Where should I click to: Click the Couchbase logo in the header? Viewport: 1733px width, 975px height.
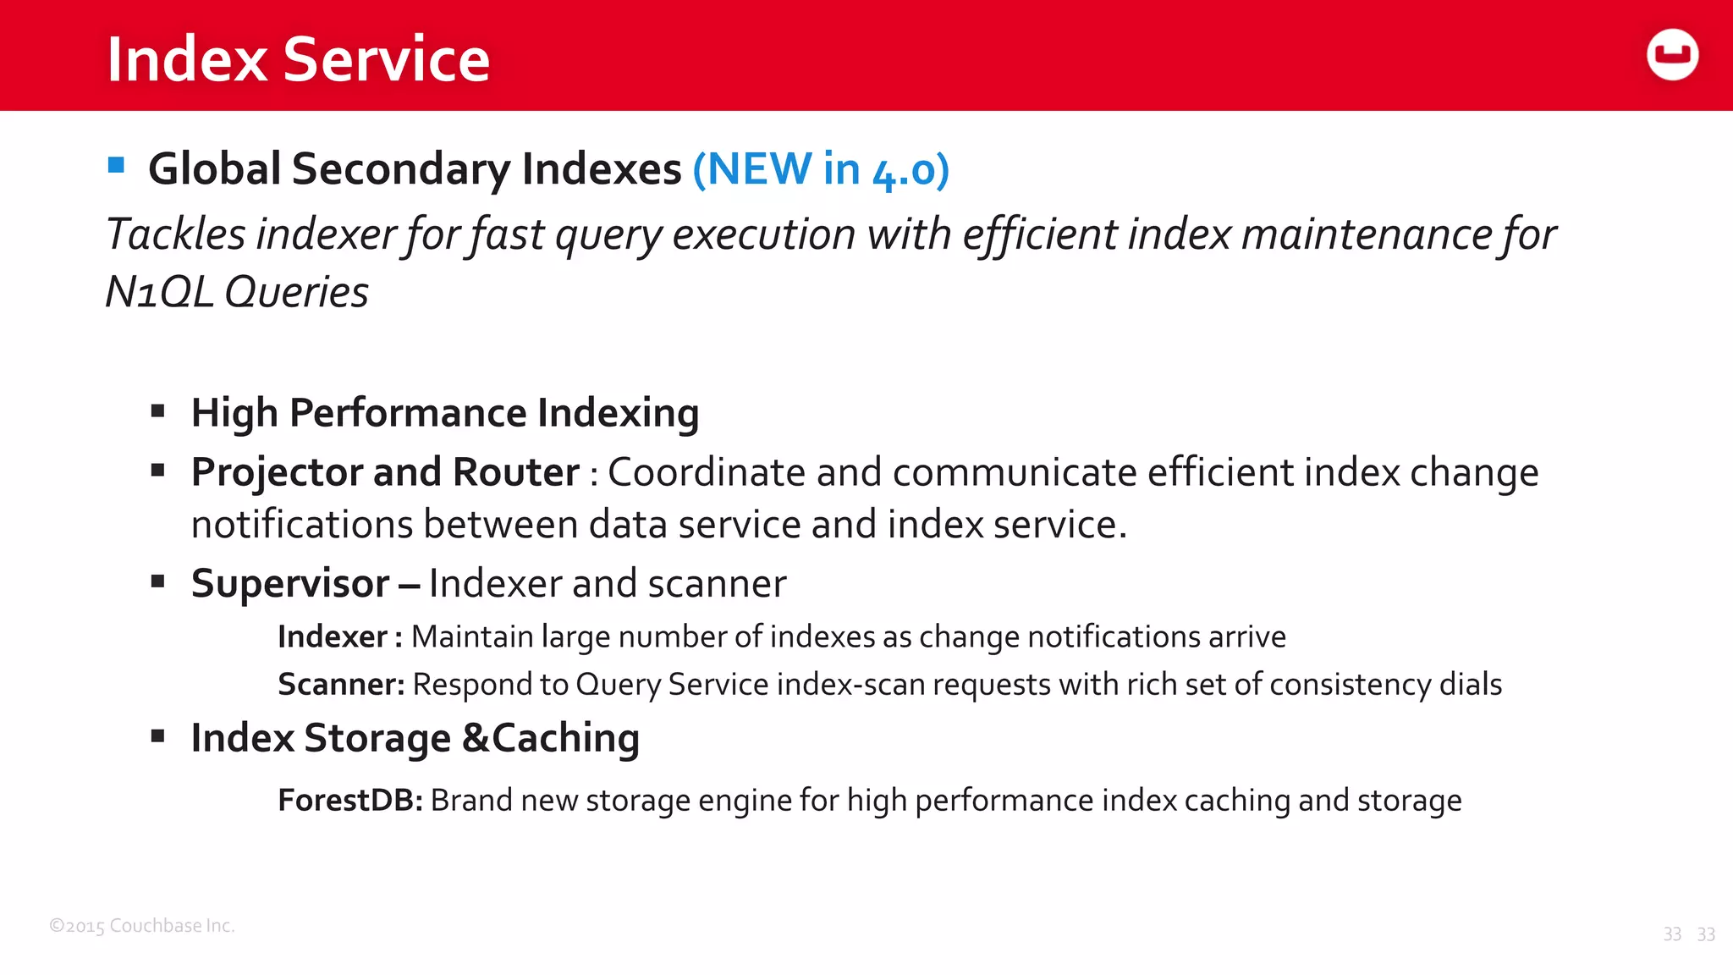(x=1672, y=55)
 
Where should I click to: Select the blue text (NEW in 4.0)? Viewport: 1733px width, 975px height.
(x=821, y=169)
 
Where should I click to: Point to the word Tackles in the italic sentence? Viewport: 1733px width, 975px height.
(x=175, y=234)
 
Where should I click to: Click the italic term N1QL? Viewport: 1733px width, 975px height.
(x=159, y=293)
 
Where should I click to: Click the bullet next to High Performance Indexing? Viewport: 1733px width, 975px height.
(x=157, y=411)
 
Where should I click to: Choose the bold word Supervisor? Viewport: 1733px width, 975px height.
(x=290, y=584)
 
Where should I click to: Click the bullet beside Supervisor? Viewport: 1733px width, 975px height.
(x=157, y=581)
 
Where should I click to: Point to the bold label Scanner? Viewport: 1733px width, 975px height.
(x=341, y=684)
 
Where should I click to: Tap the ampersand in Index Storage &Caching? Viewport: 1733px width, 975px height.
(x=476, y=738)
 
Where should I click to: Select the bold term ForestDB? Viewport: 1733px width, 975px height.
(x=349, y=800)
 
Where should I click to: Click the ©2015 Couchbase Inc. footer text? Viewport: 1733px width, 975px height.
(x=142, y=926)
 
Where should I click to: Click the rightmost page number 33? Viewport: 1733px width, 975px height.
(x=1706, y=934)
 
